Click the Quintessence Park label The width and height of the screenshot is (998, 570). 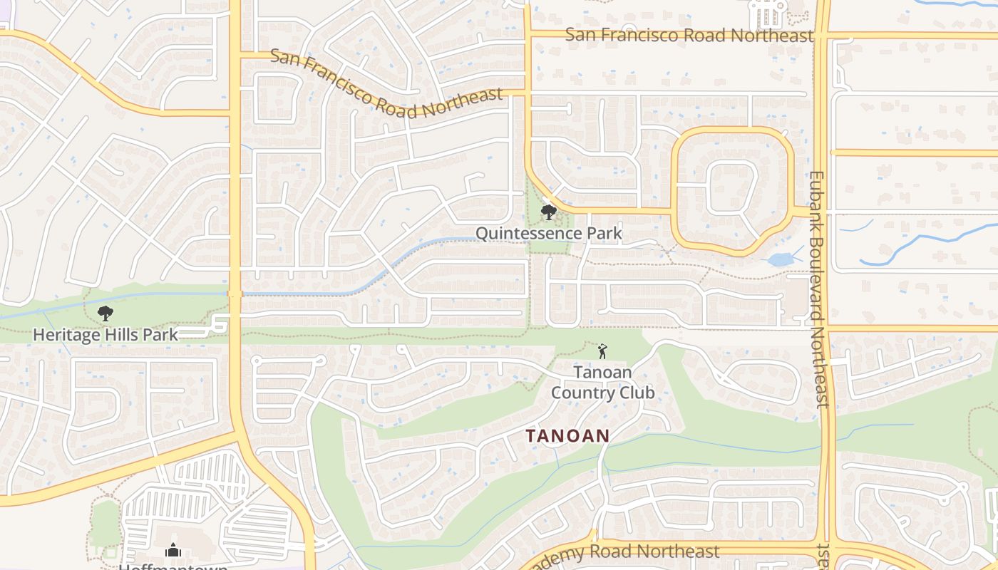point(548,233)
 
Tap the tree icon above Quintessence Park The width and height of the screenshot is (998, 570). point(548,212)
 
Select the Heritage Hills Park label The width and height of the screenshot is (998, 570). point(106,334)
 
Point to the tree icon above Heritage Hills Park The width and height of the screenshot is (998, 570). point(106,312)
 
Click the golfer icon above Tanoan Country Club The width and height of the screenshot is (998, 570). point(602,351)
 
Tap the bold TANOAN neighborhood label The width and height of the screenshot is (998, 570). point(568,435)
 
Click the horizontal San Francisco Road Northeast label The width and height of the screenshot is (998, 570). point(689,35)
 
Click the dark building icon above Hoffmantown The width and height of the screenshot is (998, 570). point(173,550)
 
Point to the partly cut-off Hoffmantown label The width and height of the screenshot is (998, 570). point(173,567)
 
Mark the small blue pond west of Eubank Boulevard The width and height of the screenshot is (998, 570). point(781,259)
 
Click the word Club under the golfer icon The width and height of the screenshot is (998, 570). point(638,393)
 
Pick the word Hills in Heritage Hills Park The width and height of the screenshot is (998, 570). point(119,334)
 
